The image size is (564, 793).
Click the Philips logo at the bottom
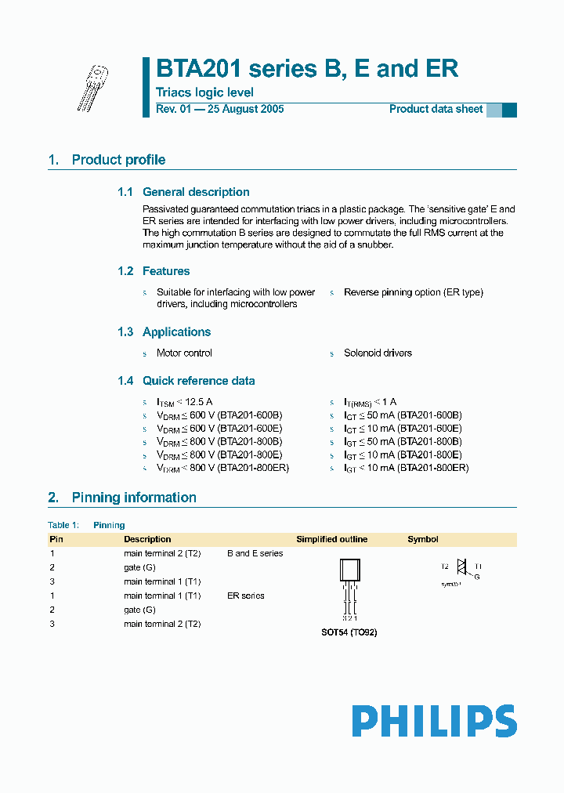pos(433,720)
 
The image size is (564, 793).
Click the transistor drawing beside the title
pos(92,87)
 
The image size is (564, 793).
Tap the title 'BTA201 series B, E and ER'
pos(307,69)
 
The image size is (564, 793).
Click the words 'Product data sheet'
pos(436,109)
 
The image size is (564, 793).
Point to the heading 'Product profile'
pos(118,160)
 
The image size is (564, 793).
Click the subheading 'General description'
pos(196,192)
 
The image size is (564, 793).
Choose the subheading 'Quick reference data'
pos(198,381)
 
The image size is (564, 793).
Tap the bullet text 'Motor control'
pos(184,353)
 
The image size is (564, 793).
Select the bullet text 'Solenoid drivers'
pos(378,353)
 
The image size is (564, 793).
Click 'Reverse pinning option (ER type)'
pos(413,292)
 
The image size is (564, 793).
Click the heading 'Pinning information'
pos(134,498)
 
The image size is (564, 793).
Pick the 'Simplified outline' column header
pos(331,539)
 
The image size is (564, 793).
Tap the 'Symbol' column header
pos(423,539)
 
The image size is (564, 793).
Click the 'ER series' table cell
pos(246,596)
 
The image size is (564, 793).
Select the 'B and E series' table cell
pos(255,553)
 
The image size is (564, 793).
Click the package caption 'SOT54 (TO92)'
pos(349,632)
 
